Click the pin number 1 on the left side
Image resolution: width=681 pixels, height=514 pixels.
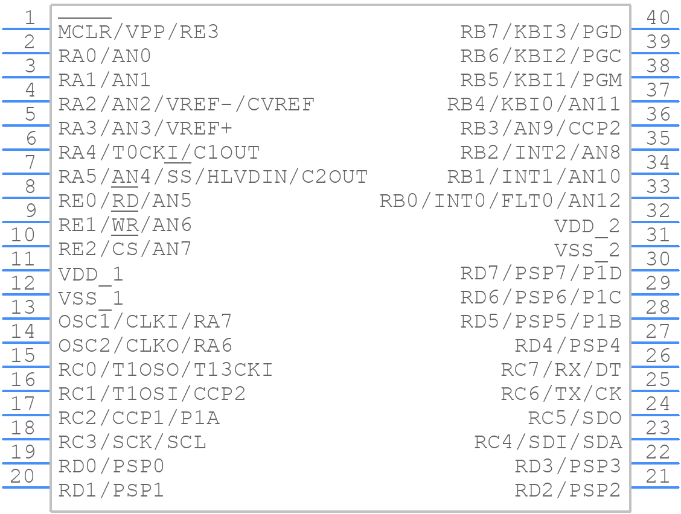pyautogui.click(x=30, y=18)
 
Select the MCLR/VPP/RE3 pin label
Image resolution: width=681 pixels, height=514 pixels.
pyautogui.click(x=138, y=32)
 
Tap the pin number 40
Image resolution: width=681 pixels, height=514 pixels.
pyautogui.click(x=657, y=18)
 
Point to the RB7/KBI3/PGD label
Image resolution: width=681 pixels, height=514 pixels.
pyautogui.click(x=540, y=32)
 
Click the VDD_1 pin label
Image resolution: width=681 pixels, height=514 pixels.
pyautogui.click(x=91, y=274)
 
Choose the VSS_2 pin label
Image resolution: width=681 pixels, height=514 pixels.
pyautogui.click(x=587, y=250)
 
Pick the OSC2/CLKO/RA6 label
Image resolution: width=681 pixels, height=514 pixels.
pyautogui.click(x=145, y=346)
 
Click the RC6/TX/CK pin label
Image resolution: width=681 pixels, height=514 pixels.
pyautogui.click(x=561, y=394)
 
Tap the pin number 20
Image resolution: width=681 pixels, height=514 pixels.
pyautogui.click(x=23, y=477)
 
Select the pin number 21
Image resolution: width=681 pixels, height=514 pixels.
pyautogui.click(x=657, y=477)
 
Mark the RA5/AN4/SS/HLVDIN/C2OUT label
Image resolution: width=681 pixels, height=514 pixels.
pyautogui.click(x=213, y=177)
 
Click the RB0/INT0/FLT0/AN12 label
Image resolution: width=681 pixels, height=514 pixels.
pyautogui.click(x=500, y=201)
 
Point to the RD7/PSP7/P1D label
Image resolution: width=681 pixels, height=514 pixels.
pyautogui.click(x=540, y=273)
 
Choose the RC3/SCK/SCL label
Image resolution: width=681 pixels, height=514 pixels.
pyautogui.click(x=132, y=442)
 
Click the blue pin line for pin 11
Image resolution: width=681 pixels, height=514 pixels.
pyautogui.click(x=25, y=270)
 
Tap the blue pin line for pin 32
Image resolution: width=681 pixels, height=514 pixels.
pyautogui.click(x=655, y=221)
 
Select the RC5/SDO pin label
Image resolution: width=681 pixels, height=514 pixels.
pyautogui.click(x=574, y=418)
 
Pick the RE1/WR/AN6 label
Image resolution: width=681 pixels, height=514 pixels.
pyautogui.click(x=125, y=225)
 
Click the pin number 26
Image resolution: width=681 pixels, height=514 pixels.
pyautogui.click(x=657, y=356)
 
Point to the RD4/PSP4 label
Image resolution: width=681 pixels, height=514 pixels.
pyautogui.click(x=567, y=346)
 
